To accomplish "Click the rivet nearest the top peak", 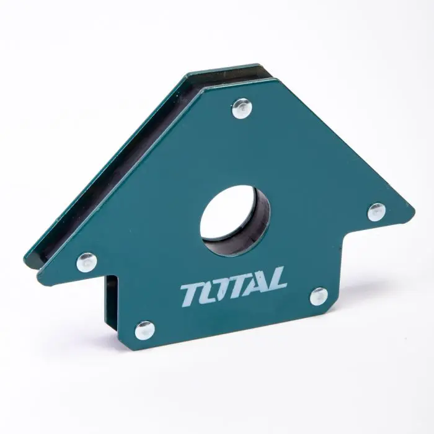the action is (x=242, y=108).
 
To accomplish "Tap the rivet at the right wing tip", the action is (x=376, y=212).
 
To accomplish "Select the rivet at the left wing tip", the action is (x=87, y=262).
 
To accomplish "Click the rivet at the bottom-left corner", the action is (x=144, y=330).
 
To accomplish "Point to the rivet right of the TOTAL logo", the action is (x=319, y=296).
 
